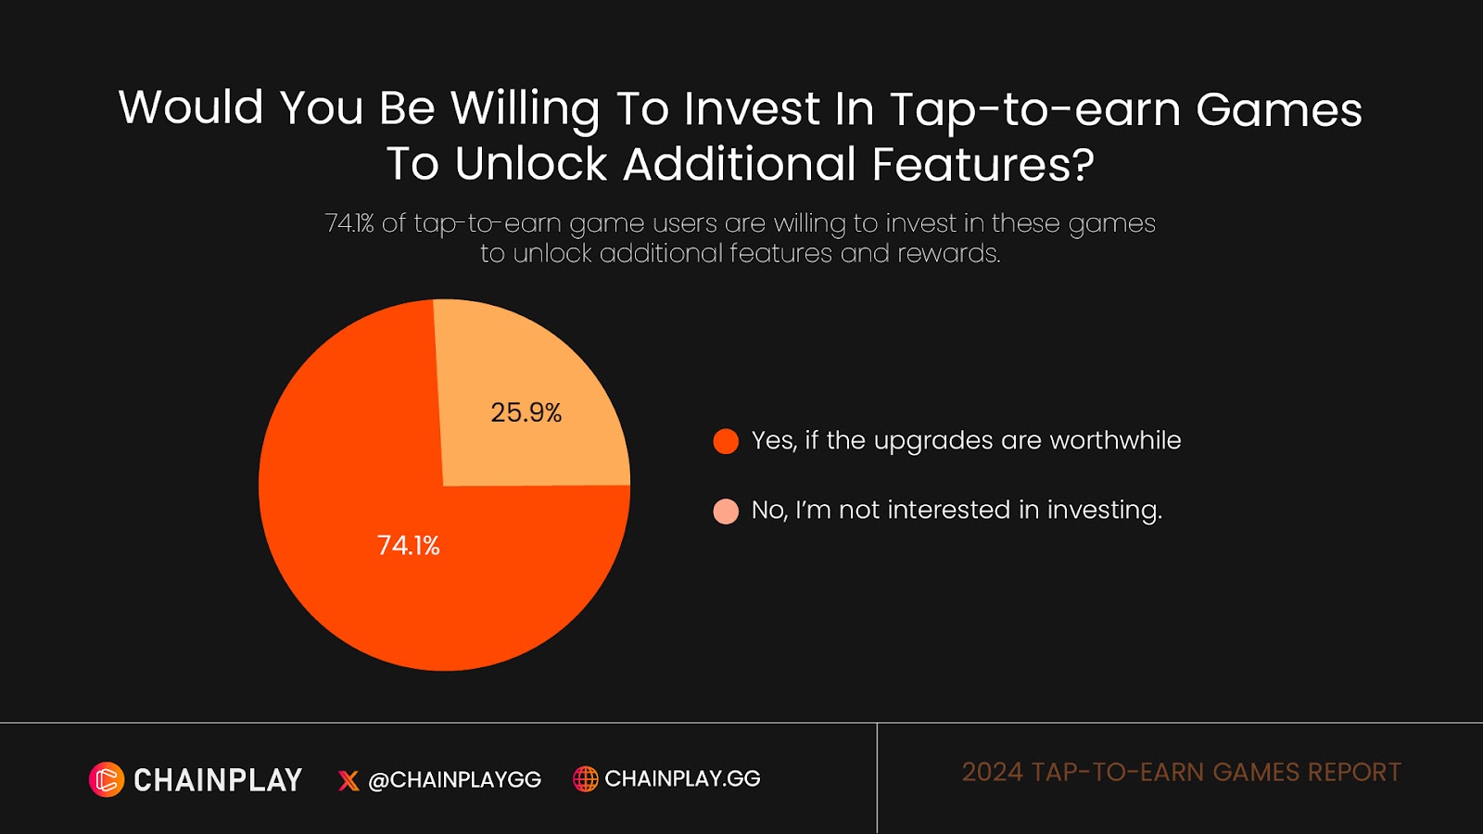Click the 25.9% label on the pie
[526, 412]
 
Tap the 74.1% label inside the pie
[408, 545]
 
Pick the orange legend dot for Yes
[726, 441]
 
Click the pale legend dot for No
[726, 511]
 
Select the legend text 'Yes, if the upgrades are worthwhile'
[966, 441]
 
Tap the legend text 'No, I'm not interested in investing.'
[957, 511]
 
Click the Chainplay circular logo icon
[107, 779]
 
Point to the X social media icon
[349, 780]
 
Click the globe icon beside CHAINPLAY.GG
[585, 779]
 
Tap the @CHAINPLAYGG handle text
[455, 780]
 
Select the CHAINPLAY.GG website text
[682, 779]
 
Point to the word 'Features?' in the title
[983, 165]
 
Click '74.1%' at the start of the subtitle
[349, 223]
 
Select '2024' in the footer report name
[992, 772]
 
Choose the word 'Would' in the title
[192, 107]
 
